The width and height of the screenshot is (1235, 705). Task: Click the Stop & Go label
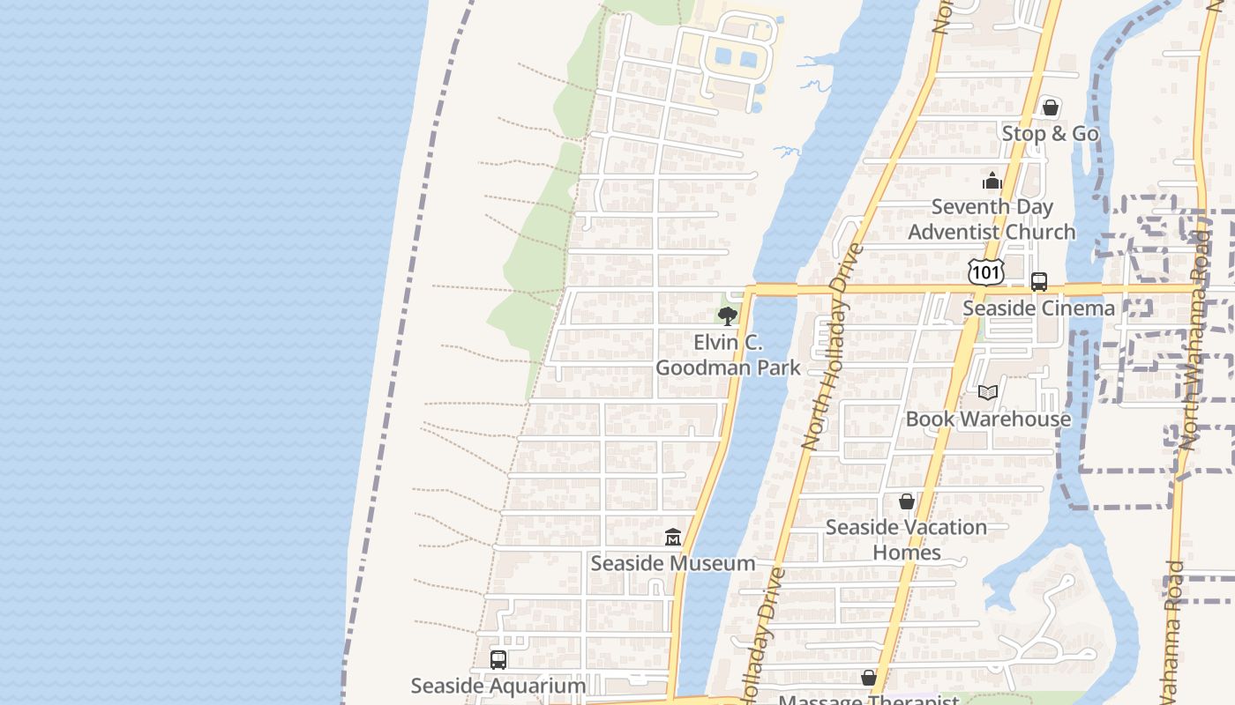coord(1050,134)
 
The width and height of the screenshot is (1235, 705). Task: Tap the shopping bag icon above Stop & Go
coord(1050,108)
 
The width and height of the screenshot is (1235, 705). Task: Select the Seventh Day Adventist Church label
coord(992,219)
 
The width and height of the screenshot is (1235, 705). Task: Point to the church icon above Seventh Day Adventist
coord(992,182)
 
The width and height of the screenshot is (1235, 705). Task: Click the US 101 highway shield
coord(984,272)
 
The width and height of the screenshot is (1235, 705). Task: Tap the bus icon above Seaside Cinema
coord(1039,282)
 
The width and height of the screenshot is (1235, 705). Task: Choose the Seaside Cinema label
coord(1038,308)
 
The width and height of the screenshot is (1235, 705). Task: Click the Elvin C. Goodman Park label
coord(728,355)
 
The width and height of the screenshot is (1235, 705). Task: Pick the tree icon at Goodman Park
coord(727,316)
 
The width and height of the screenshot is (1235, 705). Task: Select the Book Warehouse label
coord(988,419)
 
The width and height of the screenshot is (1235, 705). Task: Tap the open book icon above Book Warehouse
coord(988,392)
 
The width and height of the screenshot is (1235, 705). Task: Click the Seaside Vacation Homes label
coord(906,539)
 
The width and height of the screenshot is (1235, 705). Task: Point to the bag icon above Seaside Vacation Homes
coord(906,501)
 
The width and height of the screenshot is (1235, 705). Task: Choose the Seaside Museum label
coord(672,563)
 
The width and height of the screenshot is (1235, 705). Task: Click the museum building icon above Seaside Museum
coord(673,537)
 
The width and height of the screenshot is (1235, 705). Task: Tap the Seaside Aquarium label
coord(498,686)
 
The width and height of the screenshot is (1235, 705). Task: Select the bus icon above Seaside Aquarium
coord(498,659)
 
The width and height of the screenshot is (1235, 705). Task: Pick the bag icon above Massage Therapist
coord(869,678)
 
